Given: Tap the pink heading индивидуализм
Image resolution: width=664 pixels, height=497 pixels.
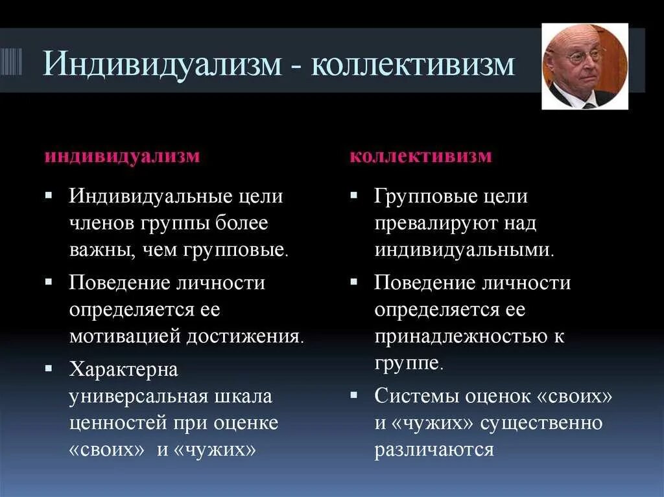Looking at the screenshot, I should point(122,157).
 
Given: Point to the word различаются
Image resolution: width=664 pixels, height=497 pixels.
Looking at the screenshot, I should point(434,449).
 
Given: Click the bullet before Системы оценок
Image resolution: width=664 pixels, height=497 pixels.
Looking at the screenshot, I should point(353,393).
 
